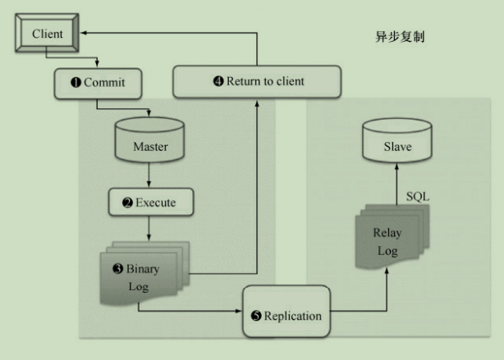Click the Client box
coord(47,34)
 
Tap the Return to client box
coord(257,81)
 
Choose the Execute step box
coord(150,202)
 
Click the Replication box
coord(286,315)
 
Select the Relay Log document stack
coord(387,238)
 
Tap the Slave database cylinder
coord(397,143)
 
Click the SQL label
coord(418,198)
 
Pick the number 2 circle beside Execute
coord(127,203)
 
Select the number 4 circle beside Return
coord(218,81)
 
